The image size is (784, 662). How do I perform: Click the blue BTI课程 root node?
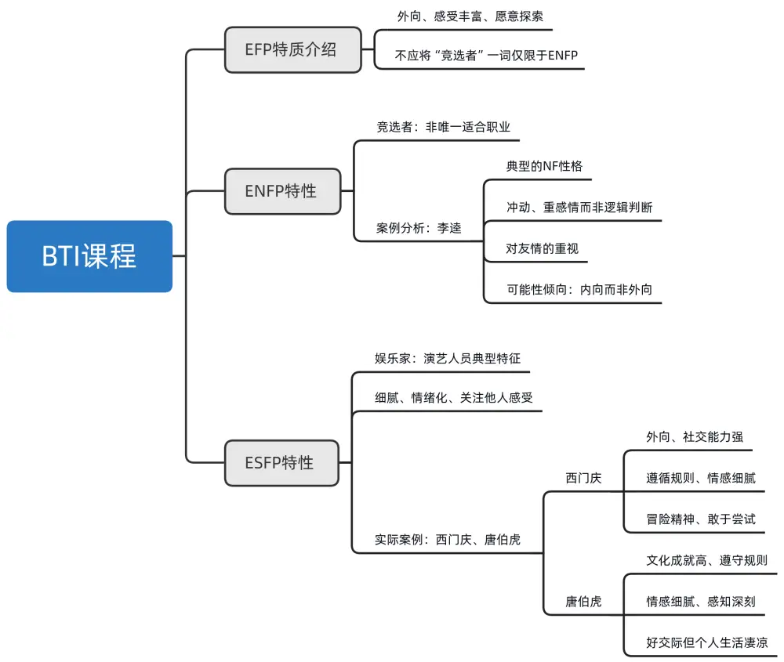(x=89, y=256)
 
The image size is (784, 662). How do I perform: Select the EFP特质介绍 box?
(x=293, y=50)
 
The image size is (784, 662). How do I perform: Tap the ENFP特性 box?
(x=282, y=190)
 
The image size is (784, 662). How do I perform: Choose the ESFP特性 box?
(x=282, y=462)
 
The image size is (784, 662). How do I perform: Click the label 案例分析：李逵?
(x=419, y=228)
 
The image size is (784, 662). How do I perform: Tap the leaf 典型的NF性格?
(x=544, y=166)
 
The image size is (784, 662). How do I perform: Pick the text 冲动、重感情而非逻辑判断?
(x=579, y=208)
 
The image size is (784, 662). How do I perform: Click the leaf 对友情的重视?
(x=543, y=249)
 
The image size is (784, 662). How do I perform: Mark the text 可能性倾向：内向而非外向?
(x=579, y=290)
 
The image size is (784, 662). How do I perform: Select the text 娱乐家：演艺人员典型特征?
(x=448, y=358)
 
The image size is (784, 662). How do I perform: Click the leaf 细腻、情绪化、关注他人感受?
(x=454, y=398)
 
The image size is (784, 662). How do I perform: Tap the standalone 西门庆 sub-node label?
(x=583, y=478)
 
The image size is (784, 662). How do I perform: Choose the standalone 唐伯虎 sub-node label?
(x=583, y=601)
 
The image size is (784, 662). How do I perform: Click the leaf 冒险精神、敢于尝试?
(x=701, y=519)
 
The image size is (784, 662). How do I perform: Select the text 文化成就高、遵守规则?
(x=706, y=561)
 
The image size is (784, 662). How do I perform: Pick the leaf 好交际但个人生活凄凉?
(x=706, y=642)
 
